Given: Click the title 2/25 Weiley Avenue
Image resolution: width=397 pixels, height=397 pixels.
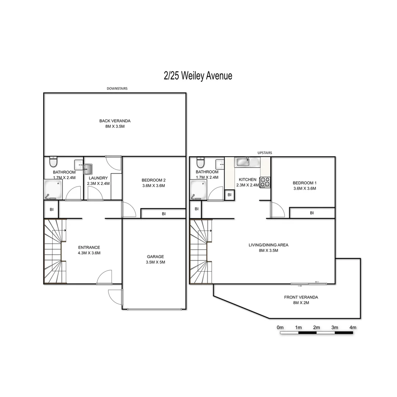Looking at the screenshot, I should (x=198, y=76).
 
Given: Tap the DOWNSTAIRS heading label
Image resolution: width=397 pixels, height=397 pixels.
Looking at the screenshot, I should (x=117, y=89).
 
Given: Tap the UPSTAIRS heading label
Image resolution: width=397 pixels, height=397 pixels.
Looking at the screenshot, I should (x=265, y=153).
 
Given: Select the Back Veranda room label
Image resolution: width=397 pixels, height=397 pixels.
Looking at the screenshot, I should (x=115, y=124).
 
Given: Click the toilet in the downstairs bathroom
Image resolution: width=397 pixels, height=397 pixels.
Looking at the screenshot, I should (x=53, y=162).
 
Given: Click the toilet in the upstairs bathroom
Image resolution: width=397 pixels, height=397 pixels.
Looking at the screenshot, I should (x=200, y=162).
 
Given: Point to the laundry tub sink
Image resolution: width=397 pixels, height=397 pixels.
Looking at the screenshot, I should (x=88, y=169).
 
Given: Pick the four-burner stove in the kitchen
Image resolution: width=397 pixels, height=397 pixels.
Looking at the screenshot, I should (x=265, y=182).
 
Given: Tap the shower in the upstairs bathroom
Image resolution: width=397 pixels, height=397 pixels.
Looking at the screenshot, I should (x=198, y=189).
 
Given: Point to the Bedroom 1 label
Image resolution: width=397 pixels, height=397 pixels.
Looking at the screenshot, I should (x=304, y=186).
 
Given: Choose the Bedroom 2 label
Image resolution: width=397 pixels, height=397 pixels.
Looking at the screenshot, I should (x=154, y=183).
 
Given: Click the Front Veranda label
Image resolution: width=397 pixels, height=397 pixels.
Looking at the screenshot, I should (x=301, y=300).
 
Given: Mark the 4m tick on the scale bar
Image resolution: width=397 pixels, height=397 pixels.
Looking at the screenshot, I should (x=353, y=332).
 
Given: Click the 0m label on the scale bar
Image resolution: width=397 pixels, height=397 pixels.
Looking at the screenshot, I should (x=280, y=327).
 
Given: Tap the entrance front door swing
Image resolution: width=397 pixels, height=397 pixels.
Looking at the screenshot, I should (x=104, y=278).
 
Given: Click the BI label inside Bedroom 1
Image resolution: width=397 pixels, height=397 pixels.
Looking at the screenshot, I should (x=312, y=213).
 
